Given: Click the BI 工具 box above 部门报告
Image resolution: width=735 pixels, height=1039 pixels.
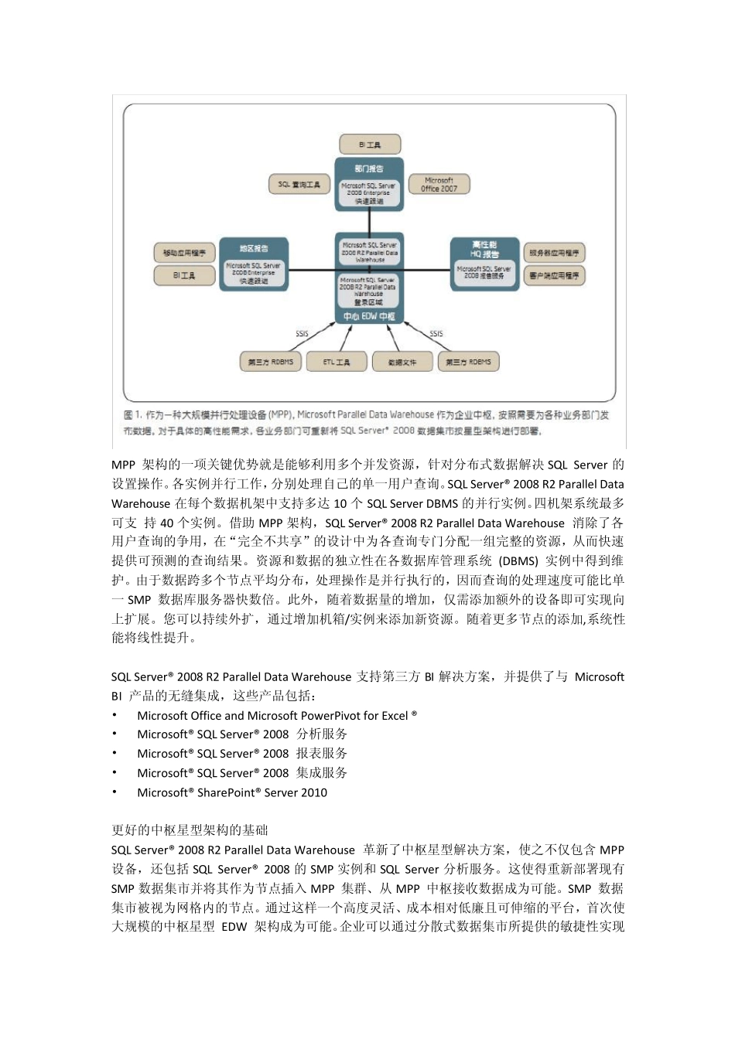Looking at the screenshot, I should tap(370, 145).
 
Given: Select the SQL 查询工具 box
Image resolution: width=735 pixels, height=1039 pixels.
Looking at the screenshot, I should tap(299, 184).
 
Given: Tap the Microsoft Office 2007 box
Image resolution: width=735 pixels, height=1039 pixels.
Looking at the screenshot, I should tap(439, 184).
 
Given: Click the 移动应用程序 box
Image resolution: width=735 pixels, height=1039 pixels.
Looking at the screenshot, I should tap(184, 253).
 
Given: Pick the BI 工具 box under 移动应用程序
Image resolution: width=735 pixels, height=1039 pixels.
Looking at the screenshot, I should tap(184, 275).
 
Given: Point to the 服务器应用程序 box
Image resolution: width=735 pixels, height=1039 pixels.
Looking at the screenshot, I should tap(554, 253).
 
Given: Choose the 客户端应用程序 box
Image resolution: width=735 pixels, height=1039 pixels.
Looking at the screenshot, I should tap(554, 275).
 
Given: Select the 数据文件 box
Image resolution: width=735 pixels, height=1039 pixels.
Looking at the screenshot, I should tap(402, 362).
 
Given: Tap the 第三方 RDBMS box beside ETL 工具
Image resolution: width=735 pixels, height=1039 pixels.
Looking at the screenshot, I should tap(270, 362).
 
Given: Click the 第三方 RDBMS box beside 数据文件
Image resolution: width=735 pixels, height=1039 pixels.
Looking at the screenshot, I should tap(468, 362).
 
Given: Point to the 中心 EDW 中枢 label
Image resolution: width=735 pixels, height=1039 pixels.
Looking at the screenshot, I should tap(369, 317).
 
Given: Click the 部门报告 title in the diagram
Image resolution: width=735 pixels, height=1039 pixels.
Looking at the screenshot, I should tap(369, 169).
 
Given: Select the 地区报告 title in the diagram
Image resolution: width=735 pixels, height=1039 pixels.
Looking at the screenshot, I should tap(253, 248).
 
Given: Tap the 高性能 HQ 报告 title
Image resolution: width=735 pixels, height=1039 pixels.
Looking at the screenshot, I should tap(484, 249).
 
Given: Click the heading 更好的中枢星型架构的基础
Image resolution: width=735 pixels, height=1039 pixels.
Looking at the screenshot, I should tap(190, 830).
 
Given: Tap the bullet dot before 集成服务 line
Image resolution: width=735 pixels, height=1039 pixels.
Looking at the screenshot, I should tap(115, 772).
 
